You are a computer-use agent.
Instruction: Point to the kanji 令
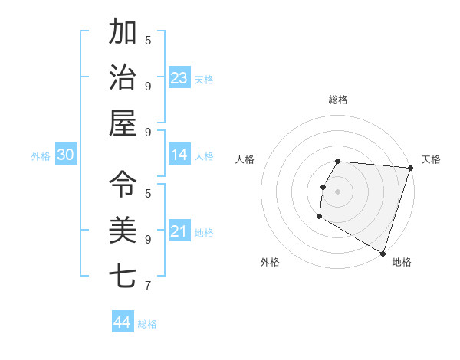[x=123, y=184]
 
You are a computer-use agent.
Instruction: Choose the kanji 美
[x=123, y=229]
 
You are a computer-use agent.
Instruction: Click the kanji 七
[x=123, y=274]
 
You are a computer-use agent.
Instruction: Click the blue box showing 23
[x=179, y=77]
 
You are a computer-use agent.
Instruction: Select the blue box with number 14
[x=179, y=155]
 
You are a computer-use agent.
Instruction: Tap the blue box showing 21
[x=179, y=231]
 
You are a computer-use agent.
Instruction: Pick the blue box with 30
[x=66, y=155]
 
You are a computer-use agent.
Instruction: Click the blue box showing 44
[x=123, y=322]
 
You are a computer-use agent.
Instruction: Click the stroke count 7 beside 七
[x=148, y=286]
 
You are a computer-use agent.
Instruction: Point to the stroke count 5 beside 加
[x=148, y=40]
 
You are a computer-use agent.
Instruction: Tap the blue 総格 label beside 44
[x=147, y=324]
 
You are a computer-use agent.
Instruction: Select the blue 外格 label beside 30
[x=41, y=156]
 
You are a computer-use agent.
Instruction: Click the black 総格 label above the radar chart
[x=338, y=100]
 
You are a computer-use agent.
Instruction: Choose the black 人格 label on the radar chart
[x=245, y=159]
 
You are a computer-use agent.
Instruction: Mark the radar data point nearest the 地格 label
[x=383, y=253]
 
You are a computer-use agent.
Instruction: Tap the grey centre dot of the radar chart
[x=337, y=191]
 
